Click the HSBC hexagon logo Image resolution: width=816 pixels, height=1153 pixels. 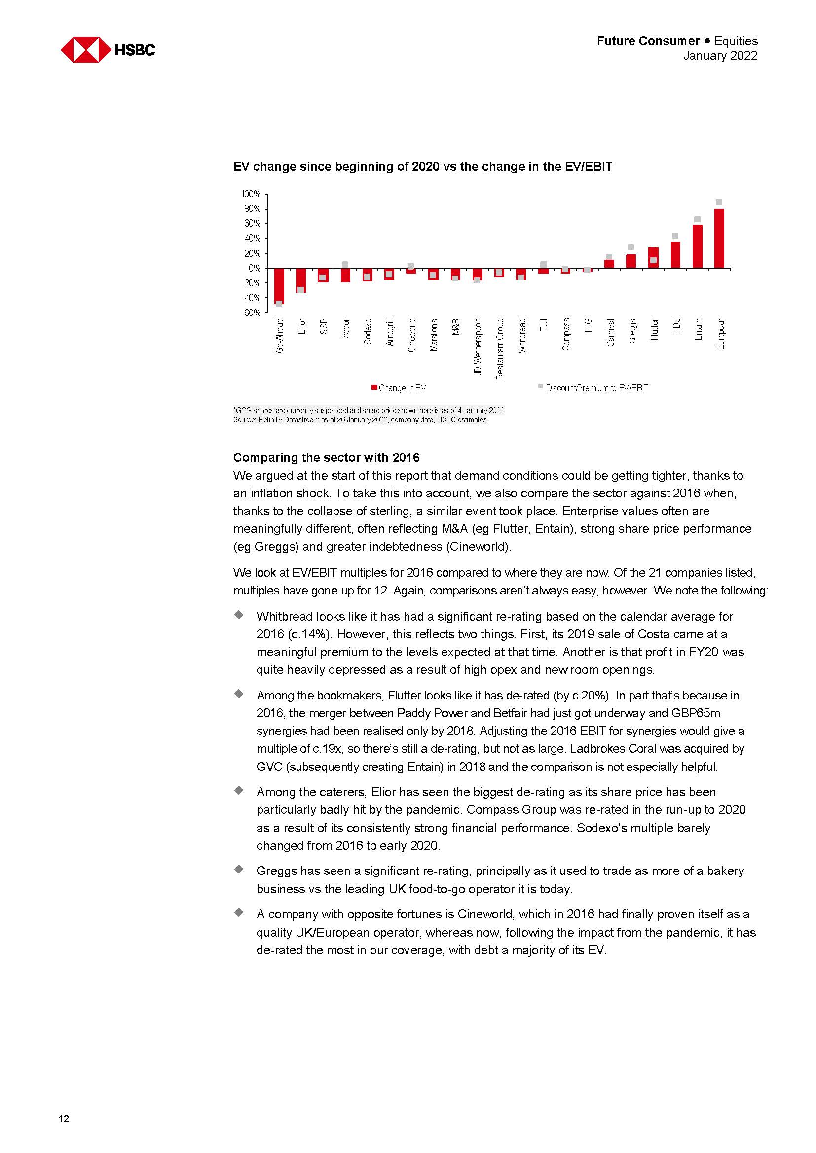(x=86, y=50)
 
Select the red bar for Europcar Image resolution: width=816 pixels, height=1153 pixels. (x=719, y=238)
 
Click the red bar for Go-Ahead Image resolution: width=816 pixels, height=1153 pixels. (x=279, y=286)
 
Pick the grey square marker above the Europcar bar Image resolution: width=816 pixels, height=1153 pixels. (x=719, y=203)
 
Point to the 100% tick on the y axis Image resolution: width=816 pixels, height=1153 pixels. (x=251, y=194)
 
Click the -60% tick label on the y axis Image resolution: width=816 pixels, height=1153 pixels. (x=251, y=313)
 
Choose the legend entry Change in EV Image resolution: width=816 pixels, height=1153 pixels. (x=399, y=388)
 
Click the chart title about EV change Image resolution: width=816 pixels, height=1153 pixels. (x=423, y=167)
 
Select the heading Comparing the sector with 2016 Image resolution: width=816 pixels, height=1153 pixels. (x=326, y=457)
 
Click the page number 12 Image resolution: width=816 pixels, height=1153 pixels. (x=64, y=1118)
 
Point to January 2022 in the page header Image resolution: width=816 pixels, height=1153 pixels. (x=719, y=56)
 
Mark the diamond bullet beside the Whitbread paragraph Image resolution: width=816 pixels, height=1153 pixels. (x=239, y=615)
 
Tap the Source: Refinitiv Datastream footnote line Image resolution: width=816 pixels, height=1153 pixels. (x=360, y=420)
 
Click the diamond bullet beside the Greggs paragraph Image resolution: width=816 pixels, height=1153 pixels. (x=239, y=869)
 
